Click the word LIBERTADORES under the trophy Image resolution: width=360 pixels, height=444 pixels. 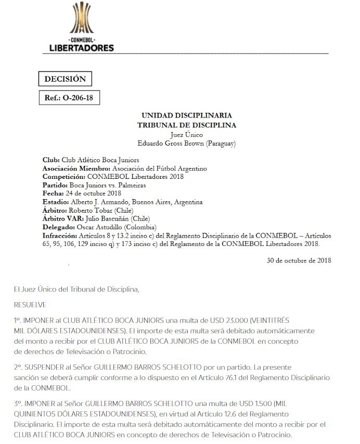point(81,48)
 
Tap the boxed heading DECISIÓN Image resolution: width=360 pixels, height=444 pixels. point(65,79)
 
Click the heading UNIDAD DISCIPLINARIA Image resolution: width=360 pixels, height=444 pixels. point(187,115)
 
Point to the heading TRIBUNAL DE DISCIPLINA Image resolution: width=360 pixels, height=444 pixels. point(187,125)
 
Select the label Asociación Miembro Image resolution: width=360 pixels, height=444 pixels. point(76,168)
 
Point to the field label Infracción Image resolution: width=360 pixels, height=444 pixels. point(59,236)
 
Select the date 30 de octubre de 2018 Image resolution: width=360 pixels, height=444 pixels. point(299,260)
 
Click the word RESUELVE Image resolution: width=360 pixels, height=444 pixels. point(30,304)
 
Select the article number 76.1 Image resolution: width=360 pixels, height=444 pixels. point(215,377)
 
